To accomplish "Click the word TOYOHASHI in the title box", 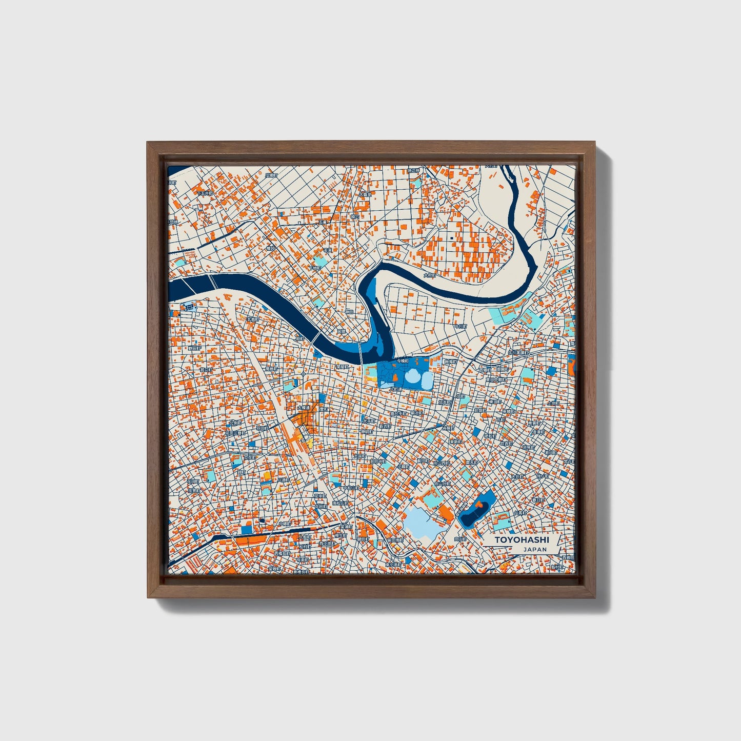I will [522, 540].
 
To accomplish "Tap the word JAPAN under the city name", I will [535, 549].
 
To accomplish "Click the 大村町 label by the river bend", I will [429, 275].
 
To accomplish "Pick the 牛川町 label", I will [461, 326].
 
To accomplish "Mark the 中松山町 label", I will [350, 488].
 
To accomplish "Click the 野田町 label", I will [194, 348].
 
